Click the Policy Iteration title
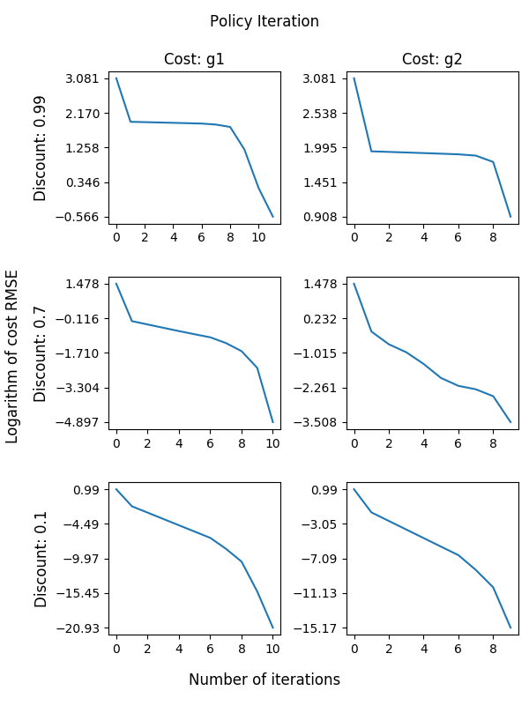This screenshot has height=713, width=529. tap(264, 21)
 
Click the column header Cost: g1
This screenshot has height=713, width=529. tap(194, 59)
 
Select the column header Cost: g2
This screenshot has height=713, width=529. tap(432, 59)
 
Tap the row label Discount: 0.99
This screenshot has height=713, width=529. tap(41, 148)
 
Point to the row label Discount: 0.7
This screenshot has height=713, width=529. tap(41, 353)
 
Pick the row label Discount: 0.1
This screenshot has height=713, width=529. tap(41, 559)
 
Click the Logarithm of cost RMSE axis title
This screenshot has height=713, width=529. tap(12, 355)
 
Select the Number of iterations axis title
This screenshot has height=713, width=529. tap(264, 680)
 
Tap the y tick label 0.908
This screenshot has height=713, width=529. tap(322, 218)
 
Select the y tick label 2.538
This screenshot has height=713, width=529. tap(322, 114)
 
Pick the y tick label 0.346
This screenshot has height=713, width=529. tap(85, 183)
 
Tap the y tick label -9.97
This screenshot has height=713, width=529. tap(85, 560)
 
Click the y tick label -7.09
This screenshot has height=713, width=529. tap(323, 560)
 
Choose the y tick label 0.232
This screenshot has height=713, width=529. tap(322, 319)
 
